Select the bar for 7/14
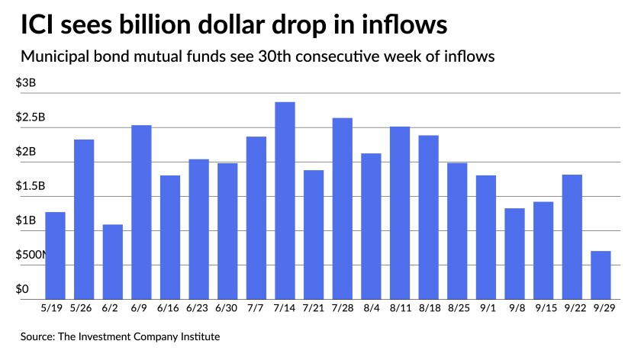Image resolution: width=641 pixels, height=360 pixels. (x=285, y=201)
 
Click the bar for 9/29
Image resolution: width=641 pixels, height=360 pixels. (x=601, y=275)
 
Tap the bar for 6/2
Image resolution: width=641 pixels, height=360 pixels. (x=112, y=262)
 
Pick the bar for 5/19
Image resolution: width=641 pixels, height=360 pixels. (x=55, y=256)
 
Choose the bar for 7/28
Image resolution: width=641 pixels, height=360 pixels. (x=342, y=208)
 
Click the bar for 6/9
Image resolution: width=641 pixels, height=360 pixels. (x=141, y=212)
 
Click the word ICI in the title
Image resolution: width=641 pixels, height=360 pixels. (x=36, y=26)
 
